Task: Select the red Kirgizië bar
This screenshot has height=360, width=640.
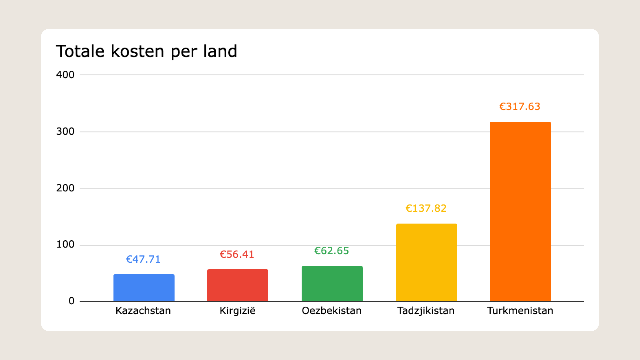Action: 238,285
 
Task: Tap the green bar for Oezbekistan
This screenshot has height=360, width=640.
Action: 332,283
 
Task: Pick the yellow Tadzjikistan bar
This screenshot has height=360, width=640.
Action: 426,262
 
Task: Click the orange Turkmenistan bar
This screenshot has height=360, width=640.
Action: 520,211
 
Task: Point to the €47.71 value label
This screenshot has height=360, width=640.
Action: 143,259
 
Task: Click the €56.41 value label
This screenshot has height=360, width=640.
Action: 237,255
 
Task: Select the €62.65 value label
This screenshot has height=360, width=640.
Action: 331,251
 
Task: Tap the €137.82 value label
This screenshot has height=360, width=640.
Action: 426,208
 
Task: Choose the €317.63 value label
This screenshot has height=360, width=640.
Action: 519,107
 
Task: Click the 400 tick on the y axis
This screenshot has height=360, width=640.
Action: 65,75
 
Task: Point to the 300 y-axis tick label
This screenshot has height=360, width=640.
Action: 65,131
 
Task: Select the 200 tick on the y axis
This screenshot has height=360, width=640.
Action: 65,188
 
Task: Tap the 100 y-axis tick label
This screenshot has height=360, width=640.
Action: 65,244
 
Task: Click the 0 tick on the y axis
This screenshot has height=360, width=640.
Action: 71,301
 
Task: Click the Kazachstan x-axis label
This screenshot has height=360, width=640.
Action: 143,311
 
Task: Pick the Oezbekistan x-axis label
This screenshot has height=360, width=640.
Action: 331,311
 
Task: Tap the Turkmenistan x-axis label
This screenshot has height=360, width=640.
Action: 520,311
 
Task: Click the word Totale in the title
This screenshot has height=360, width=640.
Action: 80,51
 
